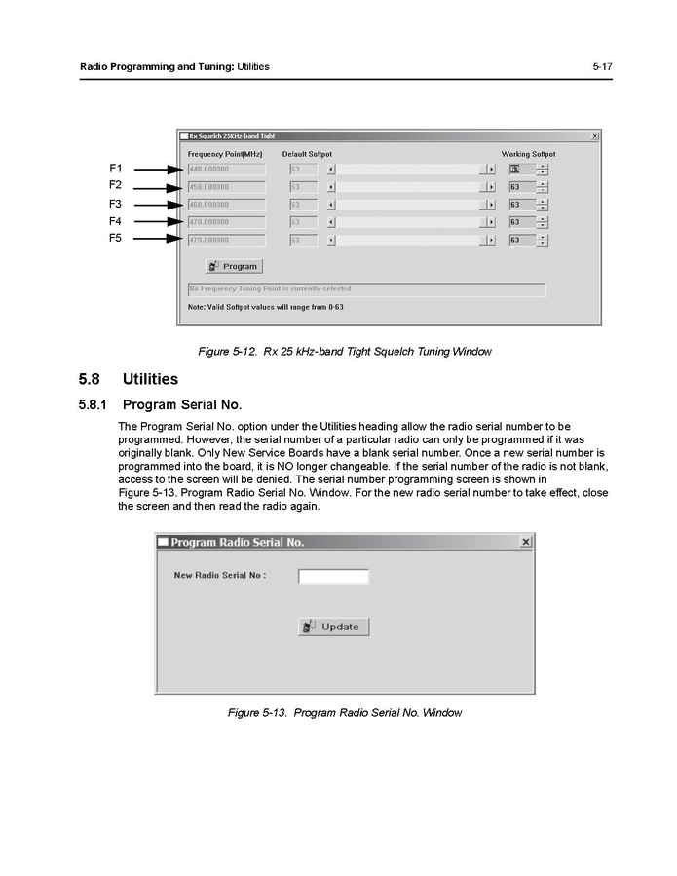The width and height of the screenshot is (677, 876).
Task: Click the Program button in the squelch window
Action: pyautogui.click(x=234, y=266)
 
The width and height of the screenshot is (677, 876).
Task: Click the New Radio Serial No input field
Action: pyautogui.click(x=333, y=576)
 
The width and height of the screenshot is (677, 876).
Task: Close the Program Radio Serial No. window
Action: pyautogui.click(x=526, y=542)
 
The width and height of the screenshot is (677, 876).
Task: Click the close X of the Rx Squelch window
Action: pyautogui.click(x=595, y=136)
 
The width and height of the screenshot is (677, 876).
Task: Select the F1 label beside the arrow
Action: pyautogui.click(x=115, y=169)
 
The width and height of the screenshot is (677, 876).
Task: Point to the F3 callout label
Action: pyautogui.click(x=115, y=204)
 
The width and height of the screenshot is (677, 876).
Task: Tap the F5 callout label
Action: pyautogui.click(x=115, y=239)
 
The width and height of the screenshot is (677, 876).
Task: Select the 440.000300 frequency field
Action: pyautogui.click(x=226, y=170)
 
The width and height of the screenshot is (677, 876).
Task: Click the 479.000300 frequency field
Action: pyautogui.click(x=226, y=240)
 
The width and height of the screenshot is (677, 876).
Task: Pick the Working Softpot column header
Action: pyautogui.click(x=528, y=154)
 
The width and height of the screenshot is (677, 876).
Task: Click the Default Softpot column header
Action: pyautogui.click(x=307, y=154)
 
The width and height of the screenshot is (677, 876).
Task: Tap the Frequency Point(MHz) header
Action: pyautogui.click(x=225, y=154)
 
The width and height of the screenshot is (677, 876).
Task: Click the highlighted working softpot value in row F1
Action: pyautogui.click(x=516, y=170)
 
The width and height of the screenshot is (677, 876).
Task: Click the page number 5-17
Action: pyautogui.click(x=601, y=67)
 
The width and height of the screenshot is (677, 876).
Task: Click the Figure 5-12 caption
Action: pyautogui.click(x=344, y=352)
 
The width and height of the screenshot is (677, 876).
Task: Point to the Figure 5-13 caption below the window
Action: pyautogui.click(x=344, y=713)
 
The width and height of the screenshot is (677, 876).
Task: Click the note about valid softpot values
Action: pyautogui.click(x=265, y=307)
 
